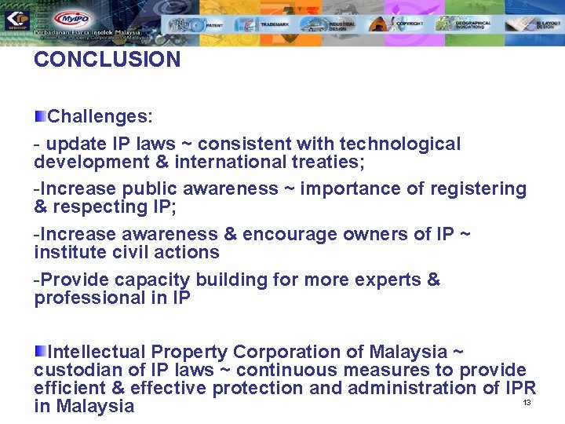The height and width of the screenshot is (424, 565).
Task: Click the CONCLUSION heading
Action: click(107, 60)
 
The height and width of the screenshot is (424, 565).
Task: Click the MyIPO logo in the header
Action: click(71, 18)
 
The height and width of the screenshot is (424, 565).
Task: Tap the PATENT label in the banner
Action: click(215, 25)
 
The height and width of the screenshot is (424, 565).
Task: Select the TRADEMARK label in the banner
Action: click(275, 24)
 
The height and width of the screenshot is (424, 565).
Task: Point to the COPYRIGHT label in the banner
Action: click(410, 24)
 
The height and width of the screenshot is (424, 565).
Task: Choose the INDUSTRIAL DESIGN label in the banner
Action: click(342, 25)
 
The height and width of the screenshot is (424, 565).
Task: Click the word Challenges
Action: click(100, 117)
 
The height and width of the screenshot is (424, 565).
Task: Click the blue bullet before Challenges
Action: click(39, 116)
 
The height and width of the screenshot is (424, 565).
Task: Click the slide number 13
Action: click(527, 403)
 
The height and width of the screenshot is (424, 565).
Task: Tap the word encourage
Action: click(286, 234)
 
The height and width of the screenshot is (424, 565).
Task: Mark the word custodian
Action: click(75, 370)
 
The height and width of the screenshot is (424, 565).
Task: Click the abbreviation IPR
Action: click(520, 388)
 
